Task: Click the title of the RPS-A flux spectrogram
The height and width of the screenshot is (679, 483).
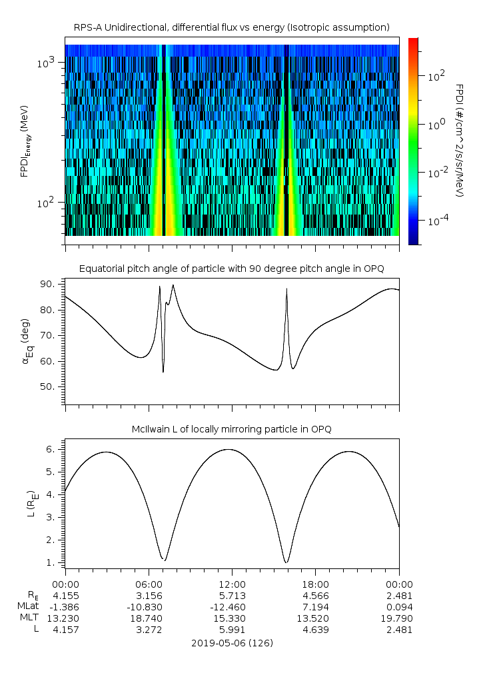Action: click(231, 27)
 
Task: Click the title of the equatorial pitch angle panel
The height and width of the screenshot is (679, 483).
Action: click(231, 269)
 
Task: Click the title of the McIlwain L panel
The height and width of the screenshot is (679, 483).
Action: click(231, 429)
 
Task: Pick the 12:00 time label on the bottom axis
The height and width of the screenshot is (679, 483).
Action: click(232, 584)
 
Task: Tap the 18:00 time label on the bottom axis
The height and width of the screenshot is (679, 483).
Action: click(315, 584)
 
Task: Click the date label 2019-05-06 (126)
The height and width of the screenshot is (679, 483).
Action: click(231, 643)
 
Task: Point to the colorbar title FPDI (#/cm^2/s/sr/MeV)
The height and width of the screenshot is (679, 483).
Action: click(459, 140)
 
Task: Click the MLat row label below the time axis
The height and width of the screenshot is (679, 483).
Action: click(27, 606)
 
